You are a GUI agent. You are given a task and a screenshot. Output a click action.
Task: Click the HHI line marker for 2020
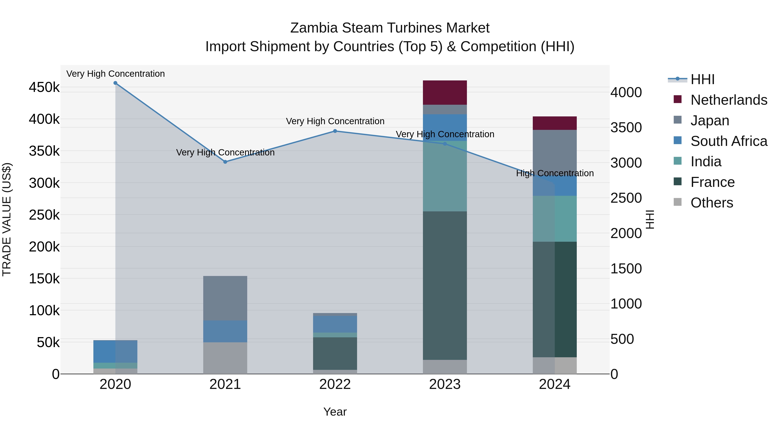coord(115,83)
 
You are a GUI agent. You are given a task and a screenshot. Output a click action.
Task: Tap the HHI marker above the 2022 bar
coord(335,131)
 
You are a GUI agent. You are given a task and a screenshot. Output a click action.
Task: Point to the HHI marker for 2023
coord(445,144)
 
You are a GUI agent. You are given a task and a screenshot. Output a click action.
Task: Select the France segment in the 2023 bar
coord(445,285)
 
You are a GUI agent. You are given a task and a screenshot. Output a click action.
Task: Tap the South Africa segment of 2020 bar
coord(115,351)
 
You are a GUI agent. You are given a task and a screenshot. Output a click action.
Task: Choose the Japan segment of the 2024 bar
coord(555,149)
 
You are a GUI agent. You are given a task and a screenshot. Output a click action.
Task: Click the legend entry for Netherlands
coord(728,100)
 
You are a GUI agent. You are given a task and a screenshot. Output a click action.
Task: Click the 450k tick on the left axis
coord(44,87)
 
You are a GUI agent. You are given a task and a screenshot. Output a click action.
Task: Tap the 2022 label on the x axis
coord(335,384)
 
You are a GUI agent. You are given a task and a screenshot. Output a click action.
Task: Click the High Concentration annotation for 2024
coord(555,173)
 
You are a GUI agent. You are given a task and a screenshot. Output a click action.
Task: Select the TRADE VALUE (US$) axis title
coord(7,219)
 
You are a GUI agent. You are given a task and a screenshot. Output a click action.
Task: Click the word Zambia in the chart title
coord(314,28)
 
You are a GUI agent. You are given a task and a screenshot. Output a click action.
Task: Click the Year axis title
coord(335,412)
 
